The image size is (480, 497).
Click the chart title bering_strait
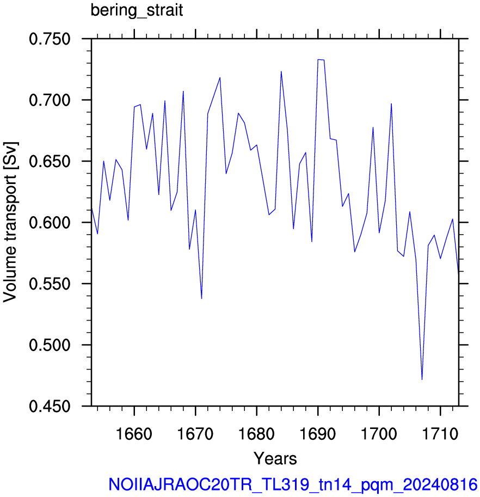(137, 10)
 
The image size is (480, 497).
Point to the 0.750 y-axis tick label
(50, 39)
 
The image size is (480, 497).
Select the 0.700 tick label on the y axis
(50, 100)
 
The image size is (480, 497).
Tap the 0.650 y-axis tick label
(50, 161)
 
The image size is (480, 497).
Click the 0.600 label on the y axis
(50, 223)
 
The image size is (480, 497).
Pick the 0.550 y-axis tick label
(50, 284)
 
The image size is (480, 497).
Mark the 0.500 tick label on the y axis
(50, 345)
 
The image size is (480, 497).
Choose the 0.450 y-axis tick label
(50, 406)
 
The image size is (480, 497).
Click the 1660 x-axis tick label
(134, 434)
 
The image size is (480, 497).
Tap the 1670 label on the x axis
(195, 434)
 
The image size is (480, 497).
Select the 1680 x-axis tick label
(256, 434)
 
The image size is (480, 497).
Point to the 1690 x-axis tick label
(317, 434)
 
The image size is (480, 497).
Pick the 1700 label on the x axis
(379, 434)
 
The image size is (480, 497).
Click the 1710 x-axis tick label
(440, 434)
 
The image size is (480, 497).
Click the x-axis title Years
(275, 458)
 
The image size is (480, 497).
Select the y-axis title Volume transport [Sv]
(10, 222)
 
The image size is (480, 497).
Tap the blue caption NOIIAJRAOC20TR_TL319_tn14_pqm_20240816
(293, 484)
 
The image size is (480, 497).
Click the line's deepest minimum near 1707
(422, 379)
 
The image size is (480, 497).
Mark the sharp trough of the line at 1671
(201, 298)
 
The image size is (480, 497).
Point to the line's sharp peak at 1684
(281, 72)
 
